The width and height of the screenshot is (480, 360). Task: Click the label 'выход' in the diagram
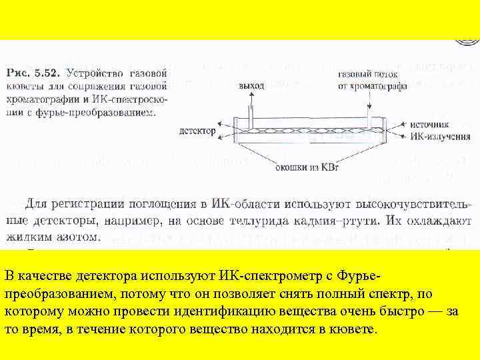point(251,86)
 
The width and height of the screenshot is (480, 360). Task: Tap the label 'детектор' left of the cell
point(197,131)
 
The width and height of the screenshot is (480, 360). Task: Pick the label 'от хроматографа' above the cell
point(369,86)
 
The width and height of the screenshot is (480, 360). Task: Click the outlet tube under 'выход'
point(251,110)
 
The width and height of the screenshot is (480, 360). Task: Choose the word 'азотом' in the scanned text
point(77,237)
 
